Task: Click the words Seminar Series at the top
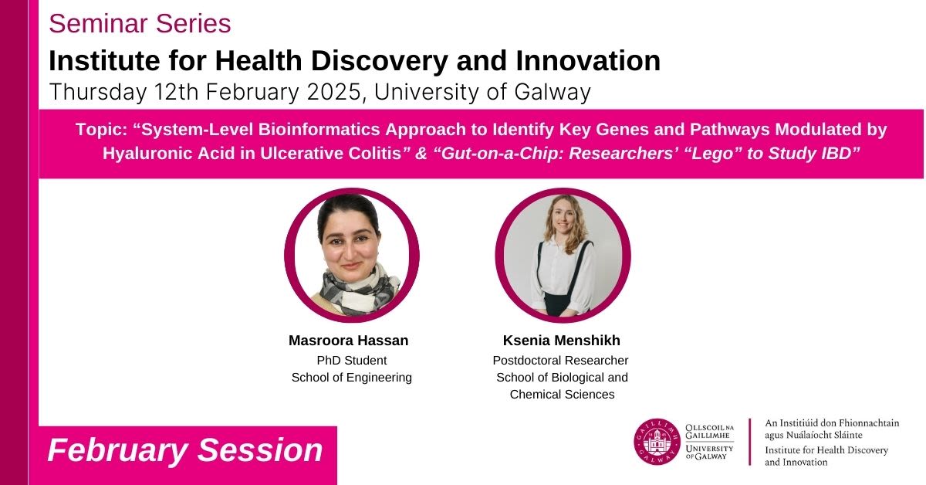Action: [x=140, y=24]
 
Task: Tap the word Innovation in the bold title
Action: [x=588, y=61]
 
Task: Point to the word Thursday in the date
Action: [x=98, y=92]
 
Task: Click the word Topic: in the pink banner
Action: [x=101, y=130]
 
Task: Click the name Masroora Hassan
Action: [x=349, y=340]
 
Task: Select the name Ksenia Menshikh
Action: [x=562, y=340]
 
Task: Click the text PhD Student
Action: [x=352, y=361]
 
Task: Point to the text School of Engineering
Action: [x=352, y=378]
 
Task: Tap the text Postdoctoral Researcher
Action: [x=560, y=361]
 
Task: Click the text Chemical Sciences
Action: [x=563, y=395]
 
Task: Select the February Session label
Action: [x=185, y=449]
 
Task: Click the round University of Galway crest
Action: [x=657, y=442]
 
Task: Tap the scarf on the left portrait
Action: [x=359, y=290]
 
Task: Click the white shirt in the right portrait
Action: [x=563, y=273]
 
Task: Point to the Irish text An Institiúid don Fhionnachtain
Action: [x=832, y=423]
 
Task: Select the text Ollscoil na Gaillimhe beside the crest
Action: [x=709, y=431]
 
